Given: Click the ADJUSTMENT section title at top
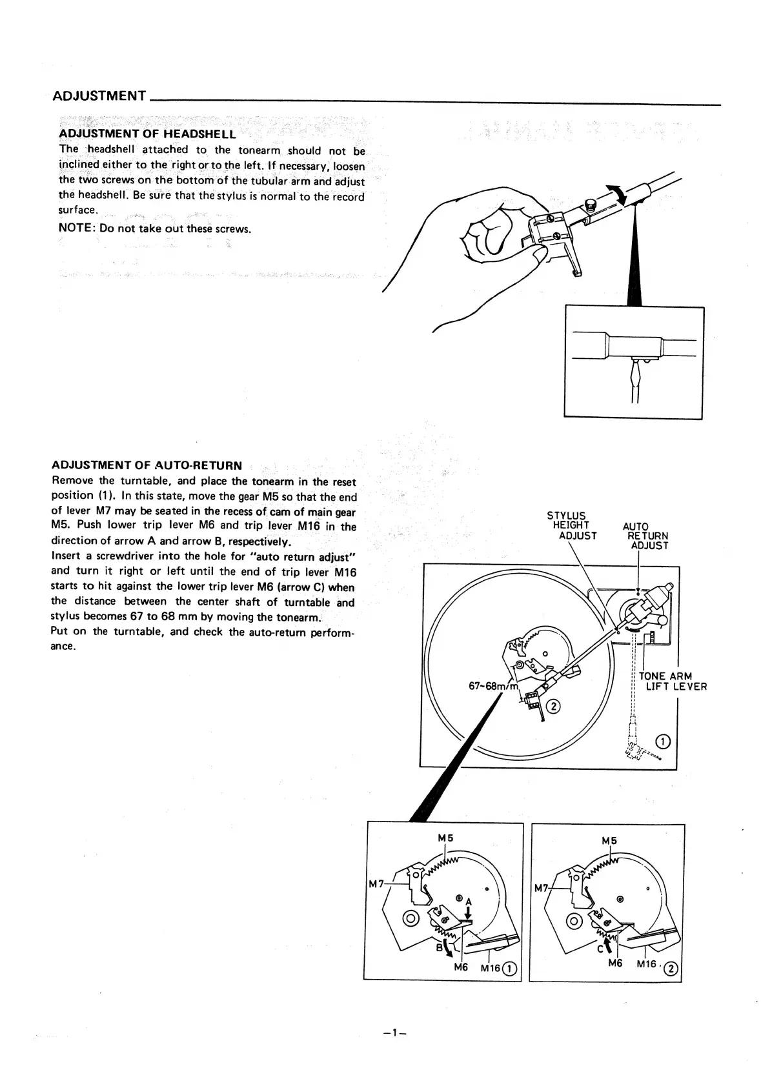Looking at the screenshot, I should click(x=99, y=96).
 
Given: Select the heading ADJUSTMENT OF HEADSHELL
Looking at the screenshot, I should click(x=147, y=134).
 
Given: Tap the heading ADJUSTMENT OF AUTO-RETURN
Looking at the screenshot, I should click(x=147, y=465).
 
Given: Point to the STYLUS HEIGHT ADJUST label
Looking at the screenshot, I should click(x=571, y=525).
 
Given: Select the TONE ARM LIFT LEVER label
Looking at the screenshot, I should click(x=671, y=681).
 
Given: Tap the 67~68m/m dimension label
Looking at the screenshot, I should click(x=493, y=685).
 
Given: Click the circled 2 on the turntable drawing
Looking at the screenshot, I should click(x=554, y=707).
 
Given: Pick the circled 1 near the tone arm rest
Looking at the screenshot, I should click(x=663, y=740).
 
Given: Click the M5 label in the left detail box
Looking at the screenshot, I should click(x=445, y=838).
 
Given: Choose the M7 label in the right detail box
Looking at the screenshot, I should click(x=541, y=889).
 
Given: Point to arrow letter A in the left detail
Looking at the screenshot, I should click(x=469, y=902).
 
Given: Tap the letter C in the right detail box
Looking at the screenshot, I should click(x=600, y=948).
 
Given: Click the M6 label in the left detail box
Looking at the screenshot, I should click(x=460, y=967).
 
